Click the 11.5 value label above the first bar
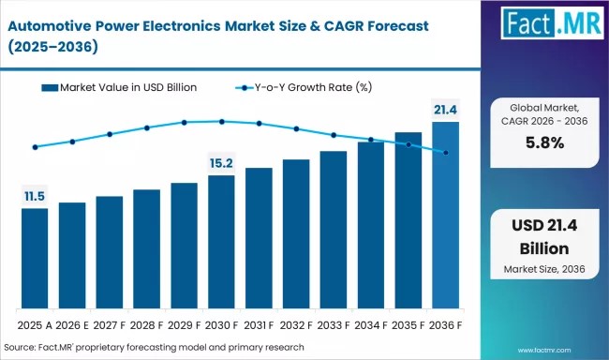(35, 196)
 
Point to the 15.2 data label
(221, 163)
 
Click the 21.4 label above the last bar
(445, 110)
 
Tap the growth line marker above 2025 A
(35, 147)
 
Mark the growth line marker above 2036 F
(445, 153)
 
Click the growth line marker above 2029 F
(185, 122)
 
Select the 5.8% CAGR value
(543, 142)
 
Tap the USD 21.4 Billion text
(543, 238)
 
